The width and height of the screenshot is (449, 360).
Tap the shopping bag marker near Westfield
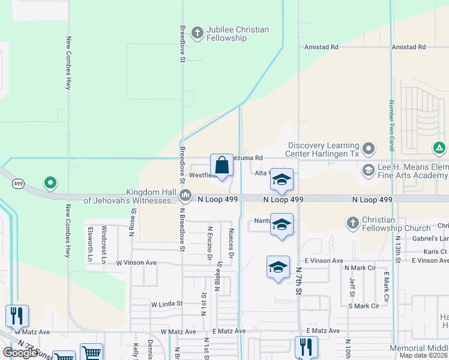coord(221,165)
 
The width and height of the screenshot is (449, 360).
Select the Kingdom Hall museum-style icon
coord(186,196)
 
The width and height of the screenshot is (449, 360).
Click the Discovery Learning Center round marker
coord(369,148)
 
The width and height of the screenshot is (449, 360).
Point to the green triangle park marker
coord(439,148)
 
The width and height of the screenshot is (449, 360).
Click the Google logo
coord(20,353)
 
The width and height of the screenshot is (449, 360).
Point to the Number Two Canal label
coord(391,125)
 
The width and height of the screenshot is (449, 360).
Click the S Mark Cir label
coord(364,305)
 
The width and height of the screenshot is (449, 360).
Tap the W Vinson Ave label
coord(136,262)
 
